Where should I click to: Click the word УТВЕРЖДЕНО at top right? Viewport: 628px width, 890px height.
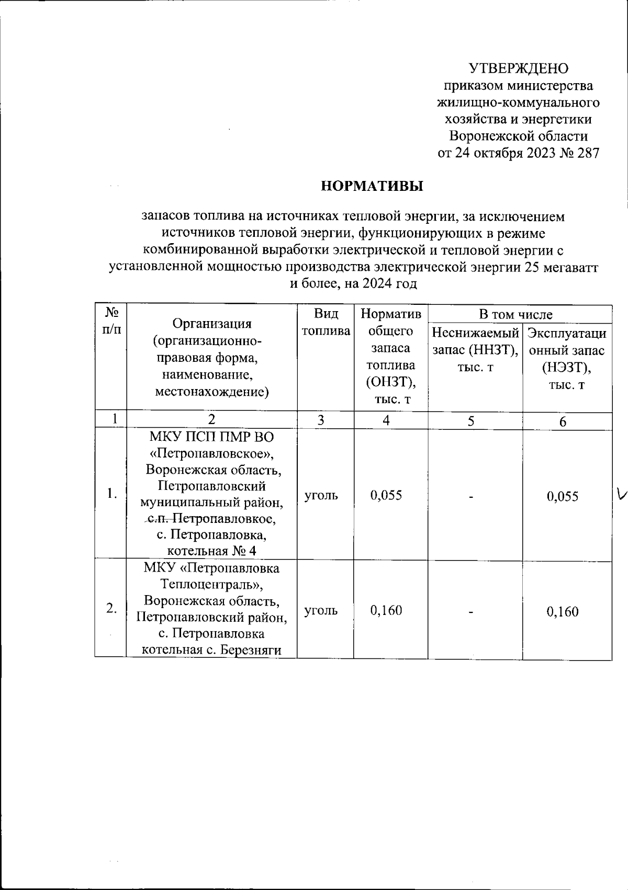tap(518, 69)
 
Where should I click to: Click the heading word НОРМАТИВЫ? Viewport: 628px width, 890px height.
tap(372, 186)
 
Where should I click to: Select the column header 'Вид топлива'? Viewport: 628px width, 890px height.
tap(326, 322)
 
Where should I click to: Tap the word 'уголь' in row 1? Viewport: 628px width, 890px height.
tap(321, 495)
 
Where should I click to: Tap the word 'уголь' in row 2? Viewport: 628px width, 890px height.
tap(321, 610)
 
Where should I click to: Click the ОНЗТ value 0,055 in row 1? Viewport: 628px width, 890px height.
tap(386, 495)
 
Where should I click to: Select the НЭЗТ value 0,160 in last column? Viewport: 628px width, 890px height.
tap(563, 611)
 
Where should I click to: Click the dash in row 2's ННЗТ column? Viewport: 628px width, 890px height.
tap(472, 612)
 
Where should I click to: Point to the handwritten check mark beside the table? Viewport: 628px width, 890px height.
tap(621, 493)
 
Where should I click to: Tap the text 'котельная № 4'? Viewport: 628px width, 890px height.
tap(211, 551)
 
